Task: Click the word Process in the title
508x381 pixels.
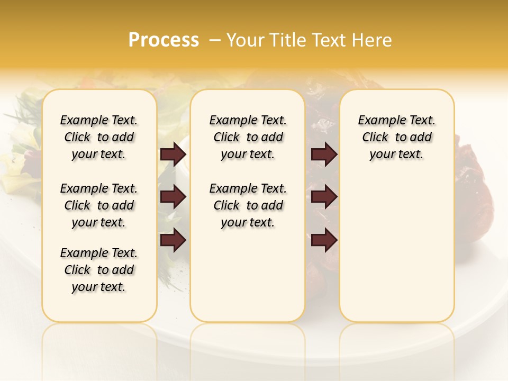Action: click(x=164, y=40)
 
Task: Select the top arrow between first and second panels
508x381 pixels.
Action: click(x=173, y=154)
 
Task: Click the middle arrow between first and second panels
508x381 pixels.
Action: click(x=173, y=197)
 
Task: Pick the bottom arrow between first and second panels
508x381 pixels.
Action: click(x=173, y=240)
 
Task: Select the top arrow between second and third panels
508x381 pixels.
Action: click(x=324, y=154)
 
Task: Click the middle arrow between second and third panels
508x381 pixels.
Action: click(x=324, y=197)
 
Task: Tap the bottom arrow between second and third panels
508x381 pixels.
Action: click(x=324, y=240)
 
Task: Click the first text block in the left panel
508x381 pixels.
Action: click(x=99, y=137)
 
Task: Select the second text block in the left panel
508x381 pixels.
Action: click(x=99, y=205)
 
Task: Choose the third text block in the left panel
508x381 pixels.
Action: click(x=99, y=270)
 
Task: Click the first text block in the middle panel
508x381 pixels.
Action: click(x=248, y=137)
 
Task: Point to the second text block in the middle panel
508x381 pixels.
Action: click(x=248, y=205)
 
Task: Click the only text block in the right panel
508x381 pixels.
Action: click(x=397, y=137)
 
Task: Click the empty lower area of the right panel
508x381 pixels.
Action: click(x=397, y=249)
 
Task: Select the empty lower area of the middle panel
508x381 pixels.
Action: click(x=248, y=275)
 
